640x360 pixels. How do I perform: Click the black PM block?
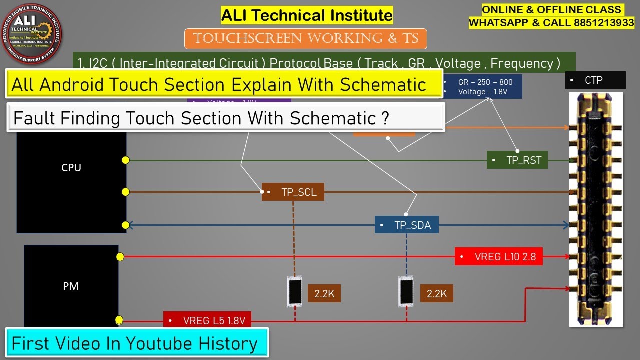71,286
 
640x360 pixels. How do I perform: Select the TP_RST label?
517,160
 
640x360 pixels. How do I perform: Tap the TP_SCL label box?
293,192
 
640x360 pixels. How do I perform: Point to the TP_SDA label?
406,225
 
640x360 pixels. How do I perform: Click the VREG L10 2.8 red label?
499,257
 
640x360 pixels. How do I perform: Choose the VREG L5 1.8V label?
207,320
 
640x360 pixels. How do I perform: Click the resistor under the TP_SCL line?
295,291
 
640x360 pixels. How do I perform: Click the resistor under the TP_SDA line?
406,291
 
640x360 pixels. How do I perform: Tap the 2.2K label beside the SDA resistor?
437,294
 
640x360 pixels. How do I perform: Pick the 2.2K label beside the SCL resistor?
324,294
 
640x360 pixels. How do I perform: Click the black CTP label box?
595,80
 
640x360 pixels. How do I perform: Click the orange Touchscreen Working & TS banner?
306,39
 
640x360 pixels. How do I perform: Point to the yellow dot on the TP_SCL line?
125,192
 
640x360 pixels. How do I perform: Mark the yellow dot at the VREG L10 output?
120,257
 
